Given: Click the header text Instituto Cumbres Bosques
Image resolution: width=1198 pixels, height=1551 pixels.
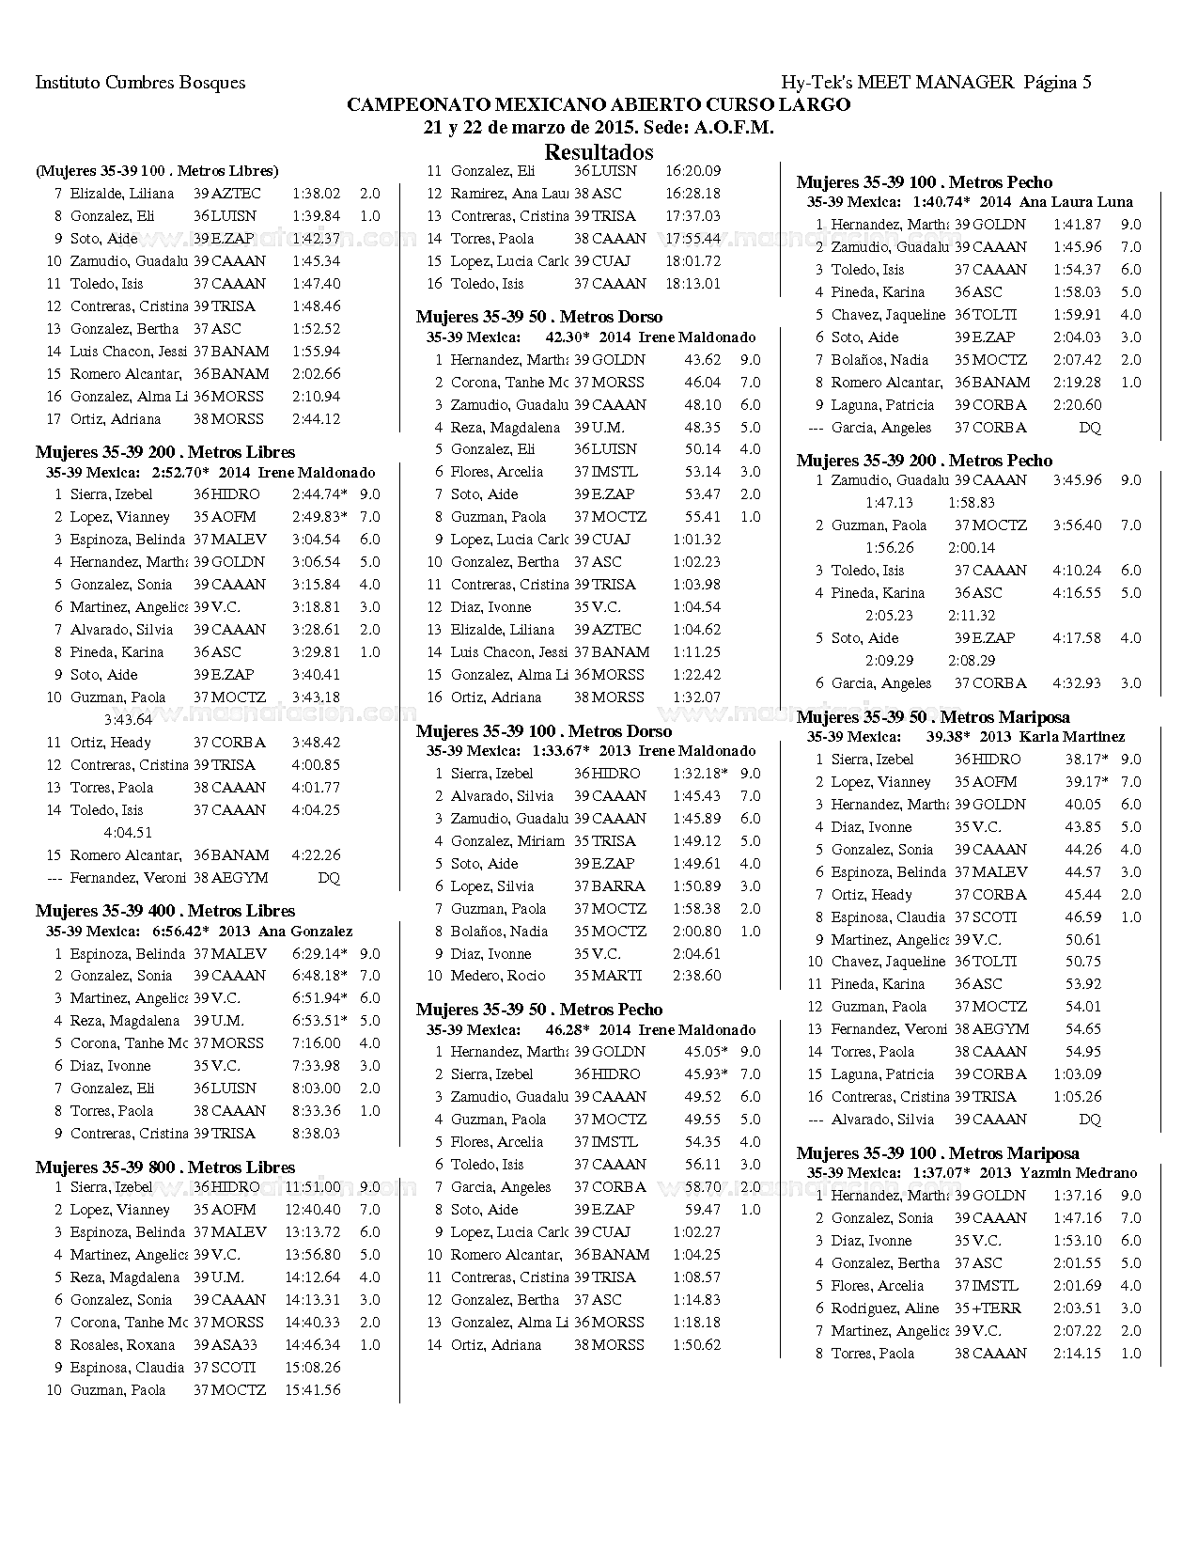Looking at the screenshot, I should pos(140,83).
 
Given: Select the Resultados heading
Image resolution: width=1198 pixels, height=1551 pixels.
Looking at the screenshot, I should pos(599,151).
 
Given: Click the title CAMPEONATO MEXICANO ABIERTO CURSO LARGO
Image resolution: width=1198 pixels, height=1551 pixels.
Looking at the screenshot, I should pos(599,105).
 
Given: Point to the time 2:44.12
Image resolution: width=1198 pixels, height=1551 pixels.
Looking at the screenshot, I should pos(316,419).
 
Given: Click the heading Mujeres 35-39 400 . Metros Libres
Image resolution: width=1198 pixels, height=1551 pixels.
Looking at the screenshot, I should pos(165,911).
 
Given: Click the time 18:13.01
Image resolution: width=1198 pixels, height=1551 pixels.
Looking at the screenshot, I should pos(692,284).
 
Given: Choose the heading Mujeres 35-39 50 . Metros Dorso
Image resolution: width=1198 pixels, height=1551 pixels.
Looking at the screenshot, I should pos(539,318).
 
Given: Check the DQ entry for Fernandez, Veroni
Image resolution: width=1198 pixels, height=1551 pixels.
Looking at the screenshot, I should pos(329,878).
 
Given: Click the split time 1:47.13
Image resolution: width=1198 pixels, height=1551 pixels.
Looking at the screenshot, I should pos(889,503).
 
